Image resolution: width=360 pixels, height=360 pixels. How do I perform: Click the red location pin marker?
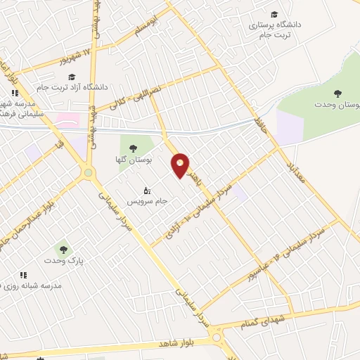click(181, 165)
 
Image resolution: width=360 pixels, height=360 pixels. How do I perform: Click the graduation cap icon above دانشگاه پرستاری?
click(274, 15)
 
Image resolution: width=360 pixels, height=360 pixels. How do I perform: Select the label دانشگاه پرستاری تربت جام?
click(275, 29)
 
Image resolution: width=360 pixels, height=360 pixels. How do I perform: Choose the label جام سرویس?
click(147, 201)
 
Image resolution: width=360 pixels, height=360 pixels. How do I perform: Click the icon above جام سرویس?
click(147, 190)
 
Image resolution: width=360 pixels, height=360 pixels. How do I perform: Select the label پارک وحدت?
click(64, 261)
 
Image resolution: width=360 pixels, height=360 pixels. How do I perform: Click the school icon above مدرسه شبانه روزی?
click(22, 275)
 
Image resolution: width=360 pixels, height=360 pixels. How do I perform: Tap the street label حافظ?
click(262, 125)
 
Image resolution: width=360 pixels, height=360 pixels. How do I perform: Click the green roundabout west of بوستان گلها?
click(88, 172)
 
